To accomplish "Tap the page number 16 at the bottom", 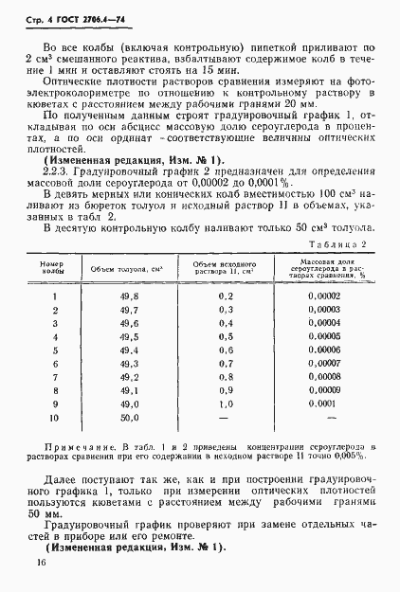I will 41,565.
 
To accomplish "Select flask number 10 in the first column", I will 53,416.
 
